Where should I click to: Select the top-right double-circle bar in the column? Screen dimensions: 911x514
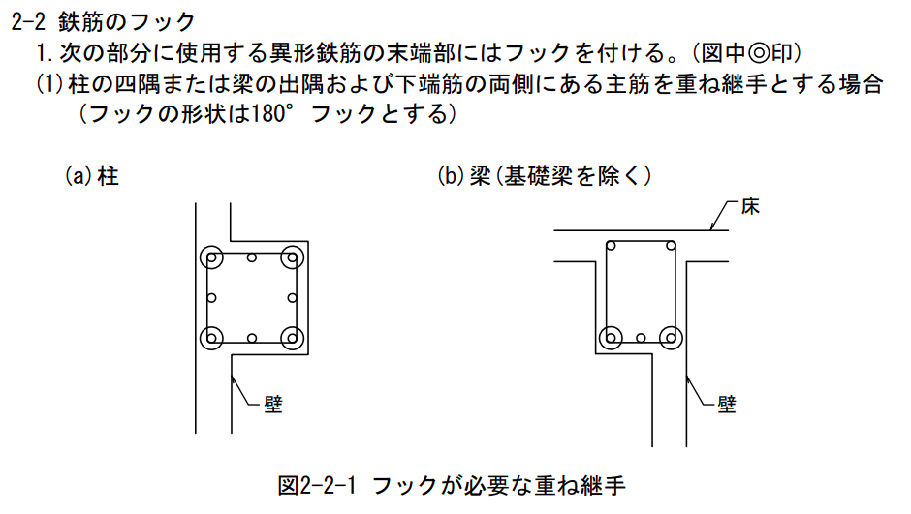[x=291, y=258]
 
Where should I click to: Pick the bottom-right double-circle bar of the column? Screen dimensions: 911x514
[x=291, y=337]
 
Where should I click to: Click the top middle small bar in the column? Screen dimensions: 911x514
[x=252, y=258]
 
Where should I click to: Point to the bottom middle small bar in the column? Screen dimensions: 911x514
[x=252, y=338]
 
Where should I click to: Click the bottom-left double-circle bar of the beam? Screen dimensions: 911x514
[x=612, y=337]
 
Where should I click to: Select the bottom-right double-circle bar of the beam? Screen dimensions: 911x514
[x=670, y=337]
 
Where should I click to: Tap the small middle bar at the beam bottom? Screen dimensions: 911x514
[x=641, y=338]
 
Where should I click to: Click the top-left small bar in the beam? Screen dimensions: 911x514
[x=613, y=249]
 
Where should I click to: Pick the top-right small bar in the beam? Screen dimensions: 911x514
[x=669, y=249]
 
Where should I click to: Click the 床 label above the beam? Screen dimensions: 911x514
[x=750, y=206]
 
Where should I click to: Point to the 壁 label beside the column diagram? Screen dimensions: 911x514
[x=272, y=404]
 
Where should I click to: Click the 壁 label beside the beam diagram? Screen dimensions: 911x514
[x=727, y=404]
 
